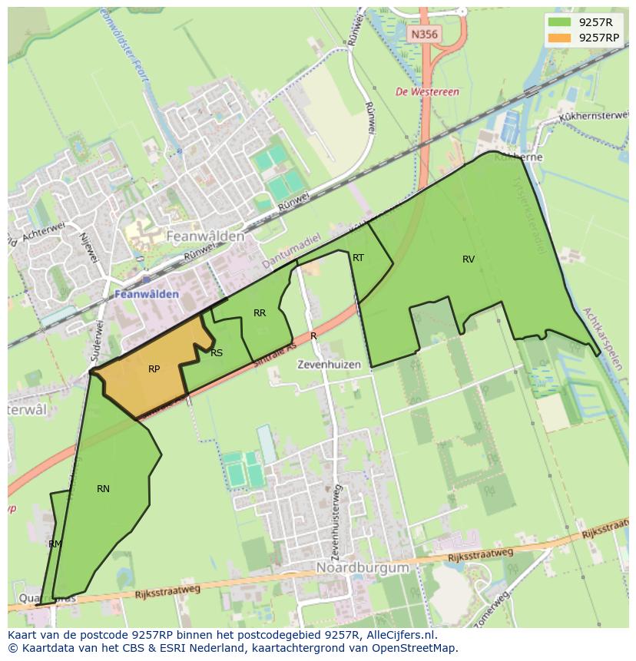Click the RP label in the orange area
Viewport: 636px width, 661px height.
coord(154,369)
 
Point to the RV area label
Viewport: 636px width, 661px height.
coord(469,259)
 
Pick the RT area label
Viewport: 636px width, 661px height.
coord(358,258)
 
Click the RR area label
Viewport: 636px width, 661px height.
coord(260,313)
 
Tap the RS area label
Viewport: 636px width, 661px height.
coord(217,353)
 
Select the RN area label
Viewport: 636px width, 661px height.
coord(103,489)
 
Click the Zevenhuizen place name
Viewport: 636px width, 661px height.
coord(329,365)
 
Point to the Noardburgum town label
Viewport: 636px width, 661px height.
coord(362,567)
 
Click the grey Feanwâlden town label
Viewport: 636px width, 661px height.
coord(205,236)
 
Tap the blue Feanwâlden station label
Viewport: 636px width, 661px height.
coord(147,294)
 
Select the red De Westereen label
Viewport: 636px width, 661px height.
coord(427,92)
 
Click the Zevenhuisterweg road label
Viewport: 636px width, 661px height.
coord(335,521)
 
